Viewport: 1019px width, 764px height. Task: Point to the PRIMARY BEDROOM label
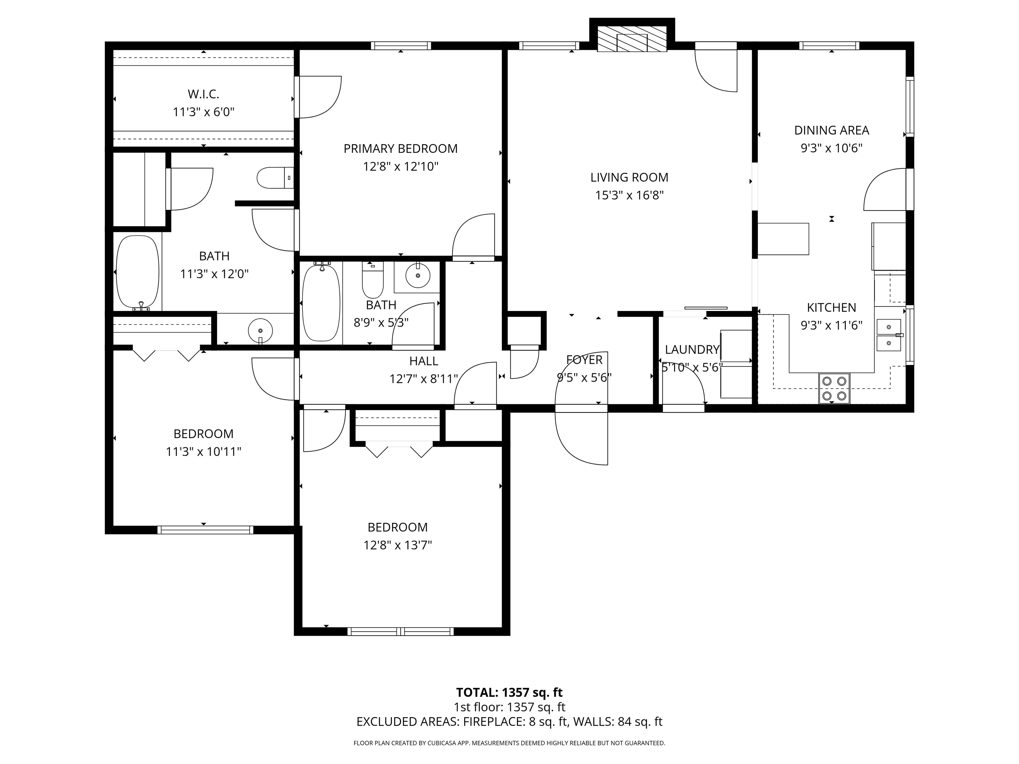[x=400, y=149]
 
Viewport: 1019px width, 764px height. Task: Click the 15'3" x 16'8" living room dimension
[x=629, y=195]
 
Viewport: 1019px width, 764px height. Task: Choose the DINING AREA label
[x=832, y=130]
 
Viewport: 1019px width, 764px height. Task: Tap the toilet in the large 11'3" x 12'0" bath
[x=275, y=178]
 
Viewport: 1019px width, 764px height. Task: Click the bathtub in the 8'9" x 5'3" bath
[x=321, y=302]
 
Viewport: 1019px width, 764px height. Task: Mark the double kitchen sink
[x=889, y=335]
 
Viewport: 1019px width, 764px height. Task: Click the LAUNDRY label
[x=692, y=350]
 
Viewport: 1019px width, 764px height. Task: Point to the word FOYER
[x=584, y=360]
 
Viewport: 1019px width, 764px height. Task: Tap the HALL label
[x=423, y=361]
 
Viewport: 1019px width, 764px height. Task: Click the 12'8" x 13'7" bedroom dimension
[x=398, y=545]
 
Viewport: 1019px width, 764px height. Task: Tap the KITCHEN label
[x=832, y=308]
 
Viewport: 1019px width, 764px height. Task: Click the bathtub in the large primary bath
[x=137, y=274]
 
